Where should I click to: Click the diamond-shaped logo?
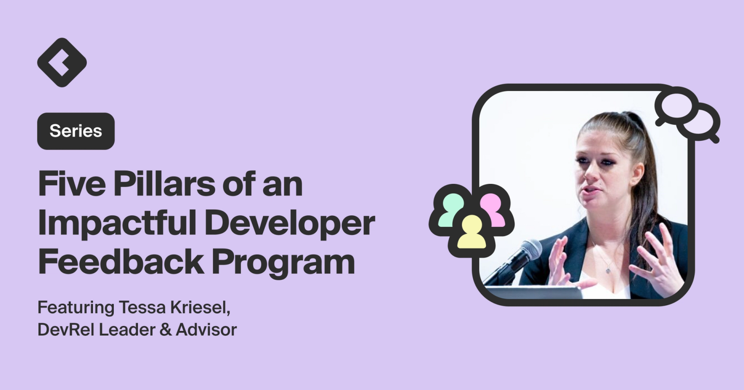click(x=62, y=62)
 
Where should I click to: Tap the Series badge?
click(x=76, y=131)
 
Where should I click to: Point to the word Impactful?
click(x=116, y=223)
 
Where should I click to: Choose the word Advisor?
click(x=206, y=330)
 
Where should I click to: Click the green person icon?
click(x=451, y=210)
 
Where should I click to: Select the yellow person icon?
click(x=471, y=234)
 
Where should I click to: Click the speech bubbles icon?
click(x=687, y=114)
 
